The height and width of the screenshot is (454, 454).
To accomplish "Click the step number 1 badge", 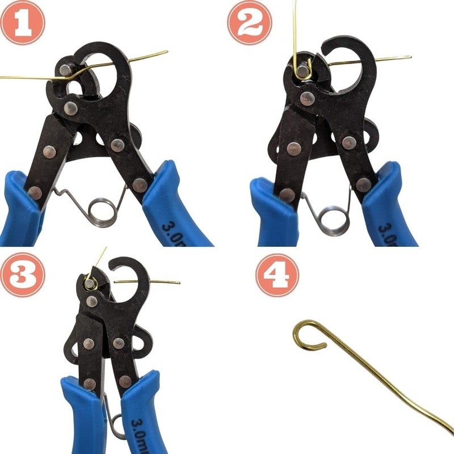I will point(23,23).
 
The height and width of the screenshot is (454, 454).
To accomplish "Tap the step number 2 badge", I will point(250,23).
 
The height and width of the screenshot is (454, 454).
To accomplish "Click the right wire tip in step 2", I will point(410,57).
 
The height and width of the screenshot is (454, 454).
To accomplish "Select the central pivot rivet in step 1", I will point(71,108).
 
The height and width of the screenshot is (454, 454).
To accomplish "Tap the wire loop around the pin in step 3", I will point(90,281).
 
